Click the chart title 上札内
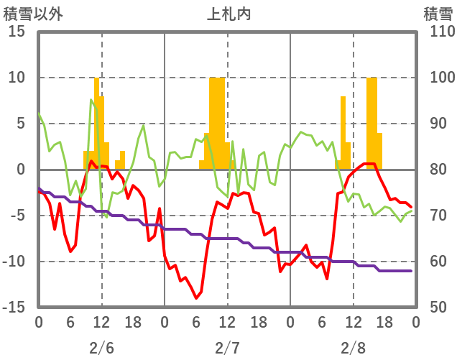point(228,14)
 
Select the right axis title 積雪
point(438,14)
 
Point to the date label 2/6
point(101,348)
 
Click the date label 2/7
point(228,348)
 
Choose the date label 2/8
point(354,348)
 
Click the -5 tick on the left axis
point(18,216)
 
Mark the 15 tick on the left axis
point(18,32)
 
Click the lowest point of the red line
point(195,297)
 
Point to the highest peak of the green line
point(91,100)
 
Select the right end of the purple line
point(411,271)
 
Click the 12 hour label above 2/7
point(228,321)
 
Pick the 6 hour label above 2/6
point(70,321)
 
